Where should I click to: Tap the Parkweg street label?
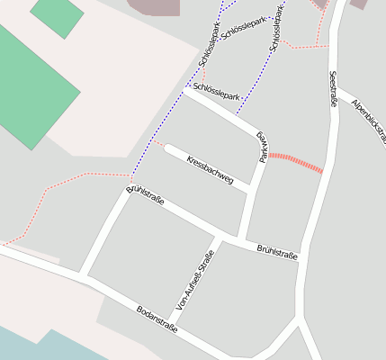[x=263, y=147]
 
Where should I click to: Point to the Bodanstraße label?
[x=157, y=319]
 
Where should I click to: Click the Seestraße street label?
[x=333, y=89]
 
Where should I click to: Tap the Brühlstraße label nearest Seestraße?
[x=277, y=251]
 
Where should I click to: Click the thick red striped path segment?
[x=295, y=162]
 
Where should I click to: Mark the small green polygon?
[x=57, y=15]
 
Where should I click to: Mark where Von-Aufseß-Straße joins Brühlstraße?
[x=219, y=239]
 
